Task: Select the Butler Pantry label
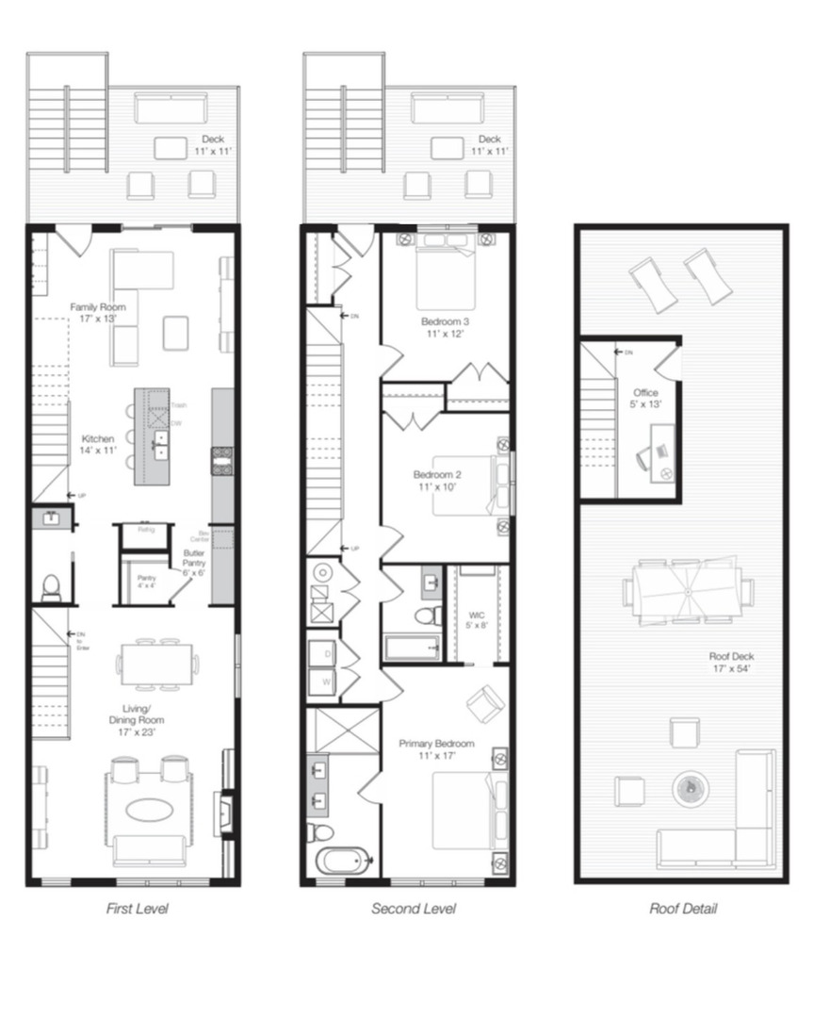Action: pyautogui.click(x=195, y=558)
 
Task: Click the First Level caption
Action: pyautogui.click(x=137, y=909)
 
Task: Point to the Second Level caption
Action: pyautogui.click(x=414, y=909)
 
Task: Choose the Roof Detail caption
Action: pyautogui.click(x=683, y=909)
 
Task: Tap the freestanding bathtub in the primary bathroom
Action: pyautogui.click(x=342, y=861)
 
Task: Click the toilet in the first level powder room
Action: pyautogui.click(x=52, y=586)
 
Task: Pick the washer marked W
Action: pyautogui.click(x=327, y=678)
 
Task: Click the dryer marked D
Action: pyautogui.click(x=327, y=652)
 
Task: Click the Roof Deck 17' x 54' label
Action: pyautogui.click(x=731, y=662)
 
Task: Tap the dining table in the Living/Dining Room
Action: pyautogui.click(x=156, y=664)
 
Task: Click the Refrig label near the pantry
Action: pyautogui.click(x=145, y=530)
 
